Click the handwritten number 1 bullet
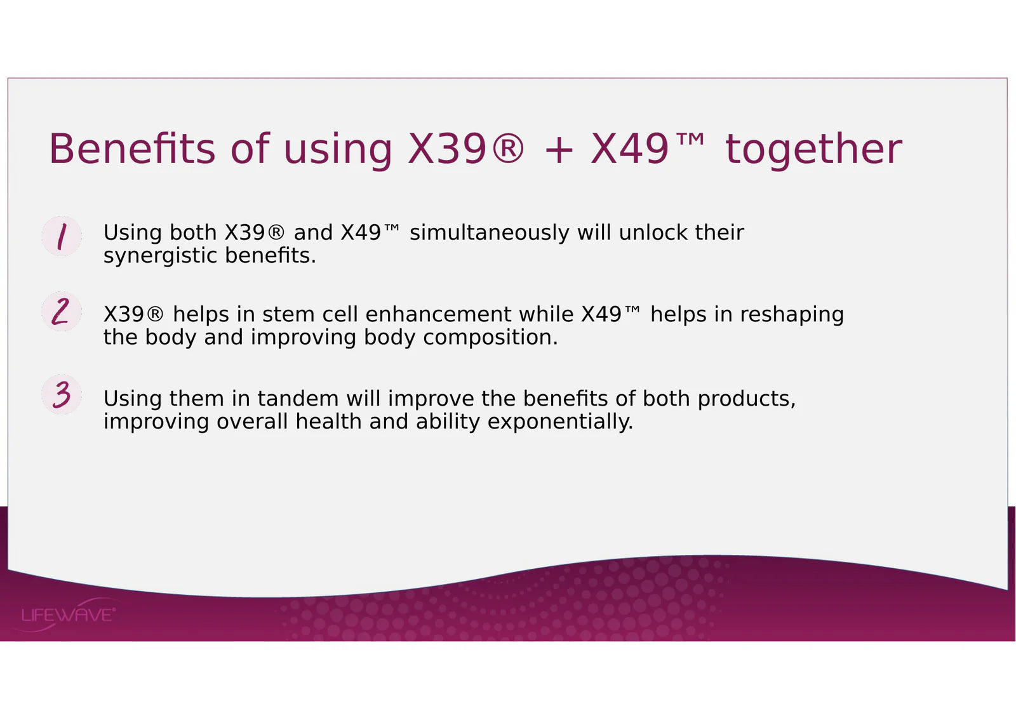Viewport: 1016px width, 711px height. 62,236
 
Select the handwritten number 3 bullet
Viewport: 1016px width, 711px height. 62,394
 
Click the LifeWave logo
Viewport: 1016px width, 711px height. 68,615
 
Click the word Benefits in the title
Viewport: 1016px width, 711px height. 132,149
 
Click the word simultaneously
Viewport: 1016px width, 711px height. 490,233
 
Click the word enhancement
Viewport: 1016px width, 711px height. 438,314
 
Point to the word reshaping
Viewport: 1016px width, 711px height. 792,315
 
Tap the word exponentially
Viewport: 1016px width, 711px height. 560,423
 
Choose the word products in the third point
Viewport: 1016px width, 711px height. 747,399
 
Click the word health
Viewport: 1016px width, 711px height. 328,422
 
